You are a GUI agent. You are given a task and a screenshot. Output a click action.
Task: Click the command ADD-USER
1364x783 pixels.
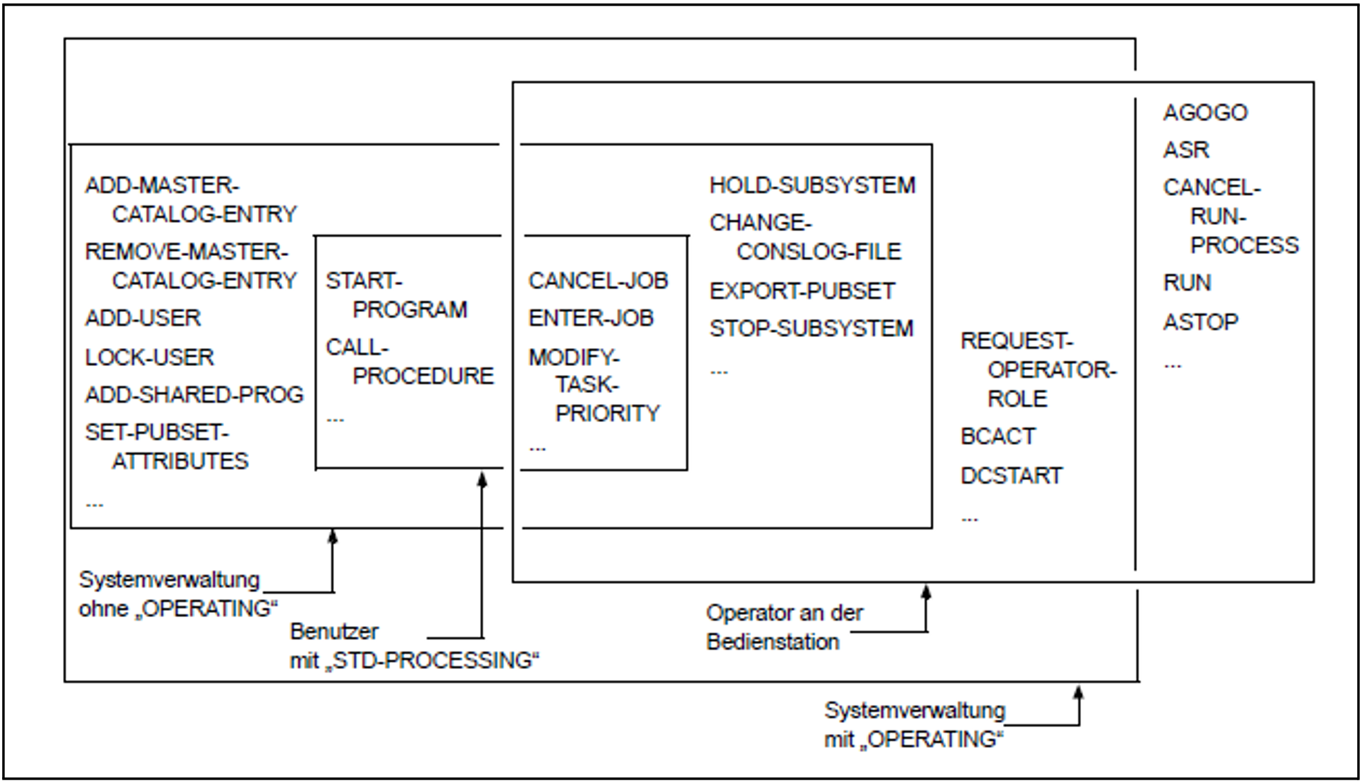pyautogui.click(x=142, y=318)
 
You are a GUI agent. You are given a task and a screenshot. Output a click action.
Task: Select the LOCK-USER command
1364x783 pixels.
pyautogui.click(x=149, y=357)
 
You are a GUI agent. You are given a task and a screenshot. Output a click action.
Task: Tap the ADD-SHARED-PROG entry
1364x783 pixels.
pyautogui.click(x=194, y=394)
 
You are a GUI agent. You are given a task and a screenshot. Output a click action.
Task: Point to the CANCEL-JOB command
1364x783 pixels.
pyautogui.click(x=598, y=281)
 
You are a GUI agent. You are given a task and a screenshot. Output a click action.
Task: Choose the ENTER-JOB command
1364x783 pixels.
pyautogui.click(x=591, y=318)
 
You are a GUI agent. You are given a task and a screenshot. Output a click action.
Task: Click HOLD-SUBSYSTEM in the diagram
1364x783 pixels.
pyautogui.click(x=812, y=185)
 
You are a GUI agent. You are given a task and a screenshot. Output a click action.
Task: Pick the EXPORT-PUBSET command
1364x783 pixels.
pyautogui.click(x=802, y=291)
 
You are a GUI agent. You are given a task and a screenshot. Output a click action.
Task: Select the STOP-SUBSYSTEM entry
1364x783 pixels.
pyautogui.click(x=811, y=329)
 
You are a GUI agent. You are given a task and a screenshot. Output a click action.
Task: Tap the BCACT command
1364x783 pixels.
pyautogui.click(x=997, y=436)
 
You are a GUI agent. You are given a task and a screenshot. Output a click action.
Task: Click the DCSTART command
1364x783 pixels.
pyautogui.click(x=1011, y=476)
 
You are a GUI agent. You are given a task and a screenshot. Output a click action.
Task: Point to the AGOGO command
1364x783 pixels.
pyautogui.click(x=1205, y=113)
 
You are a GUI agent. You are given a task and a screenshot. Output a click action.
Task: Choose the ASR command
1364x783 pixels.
pyautogui.click(x=1186, y=150)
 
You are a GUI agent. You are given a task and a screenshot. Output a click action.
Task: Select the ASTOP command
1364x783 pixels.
pyautogui.click(x=1200, y=322)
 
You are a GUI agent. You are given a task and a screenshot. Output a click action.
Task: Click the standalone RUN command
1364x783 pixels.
pyautogui.click(x=1187, y=283)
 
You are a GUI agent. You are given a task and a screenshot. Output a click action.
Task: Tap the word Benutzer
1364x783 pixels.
pyautogui.click(x=334, y=632)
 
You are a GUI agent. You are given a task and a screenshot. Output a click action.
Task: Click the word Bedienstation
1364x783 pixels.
pyautogui.click(x=773, y=642)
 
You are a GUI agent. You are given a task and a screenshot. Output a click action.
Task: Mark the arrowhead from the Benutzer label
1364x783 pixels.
pyautogui.click(x=482, y=479)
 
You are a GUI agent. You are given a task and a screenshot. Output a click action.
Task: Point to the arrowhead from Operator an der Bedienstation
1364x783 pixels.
pyautogui.click(x=926, y=592)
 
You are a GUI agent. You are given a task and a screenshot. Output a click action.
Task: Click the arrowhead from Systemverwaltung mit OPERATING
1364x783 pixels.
pyautogui.click(x=1078, y=692)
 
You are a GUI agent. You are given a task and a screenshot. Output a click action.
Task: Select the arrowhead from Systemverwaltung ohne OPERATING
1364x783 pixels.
pyautogui.click(x=333, y=537)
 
